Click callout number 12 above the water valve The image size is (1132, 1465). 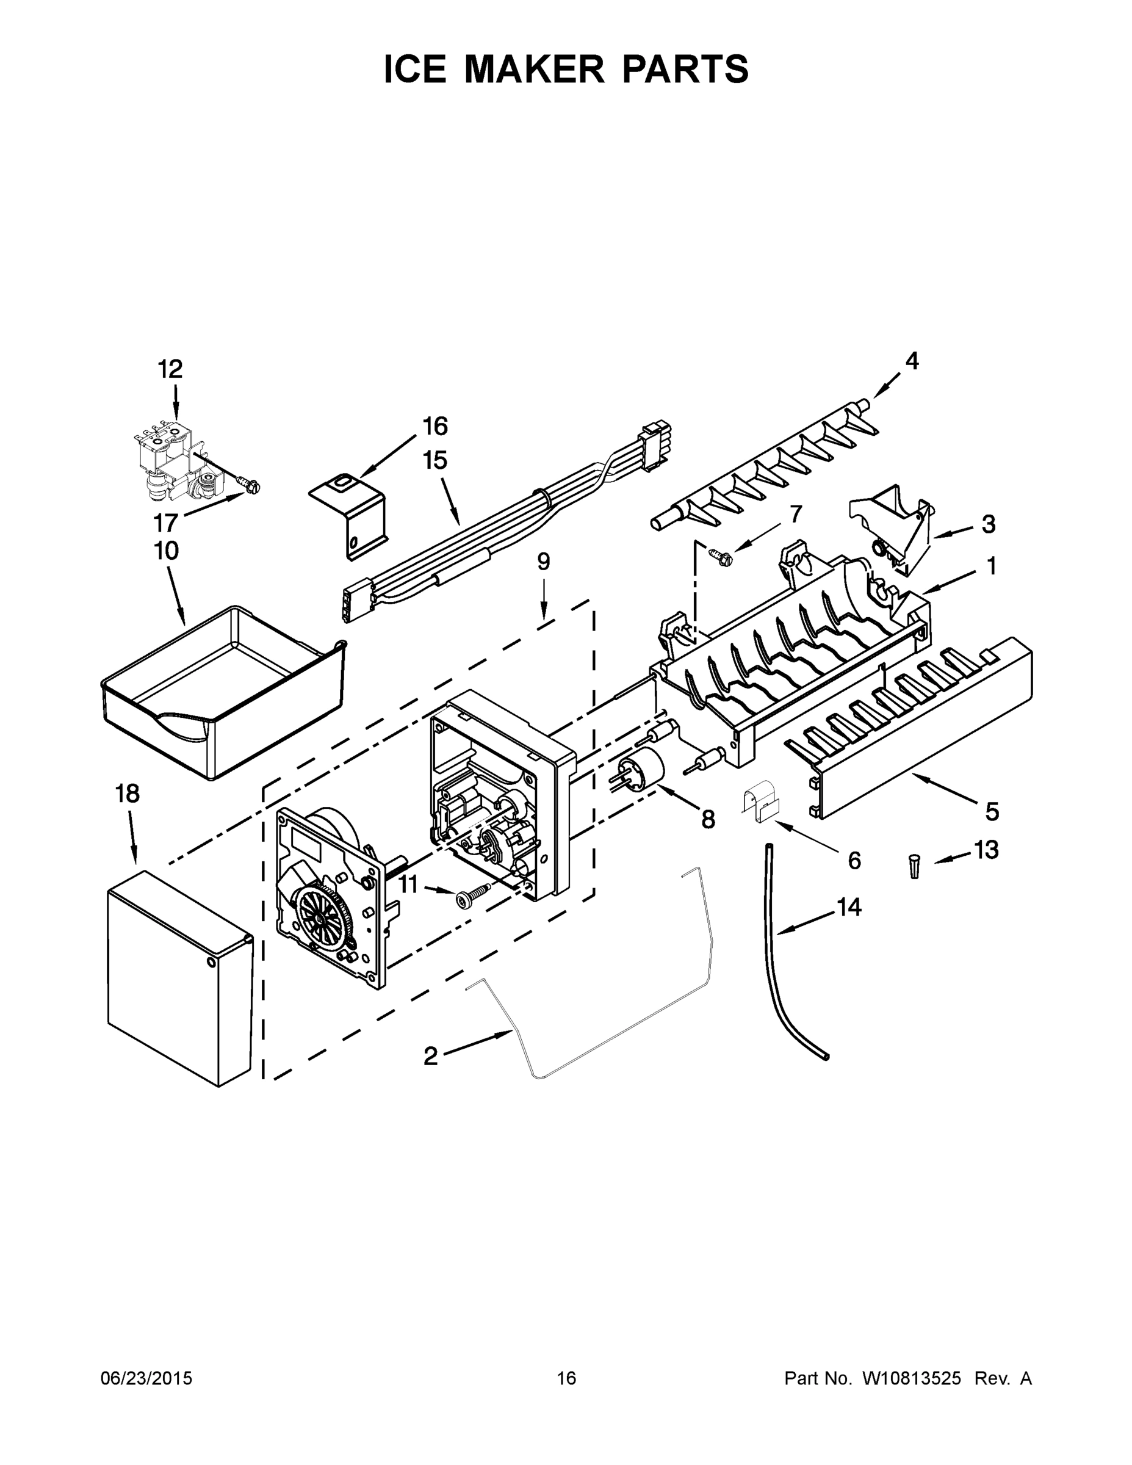(x=170, y=369)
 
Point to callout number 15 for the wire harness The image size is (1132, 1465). (x=434, y=461)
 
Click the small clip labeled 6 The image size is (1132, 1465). (x=760, y=802)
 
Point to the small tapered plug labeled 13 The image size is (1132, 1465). (x=915, y=866)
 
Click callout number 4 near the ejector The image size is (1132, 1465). (x=911, y=361)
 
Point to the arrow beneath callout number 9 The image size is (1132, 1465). (x=543, y=601)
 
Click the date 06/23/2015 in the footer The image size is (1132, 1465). (x=146, y=1378)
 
